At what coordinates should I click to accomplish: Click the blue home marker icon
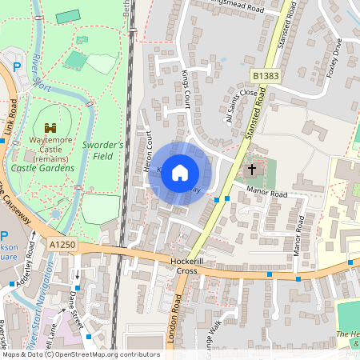[180, 173]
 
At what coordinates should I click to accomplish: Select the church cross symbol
[253, 170]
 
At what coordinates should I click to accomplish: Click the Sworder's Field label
[103, 150]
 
